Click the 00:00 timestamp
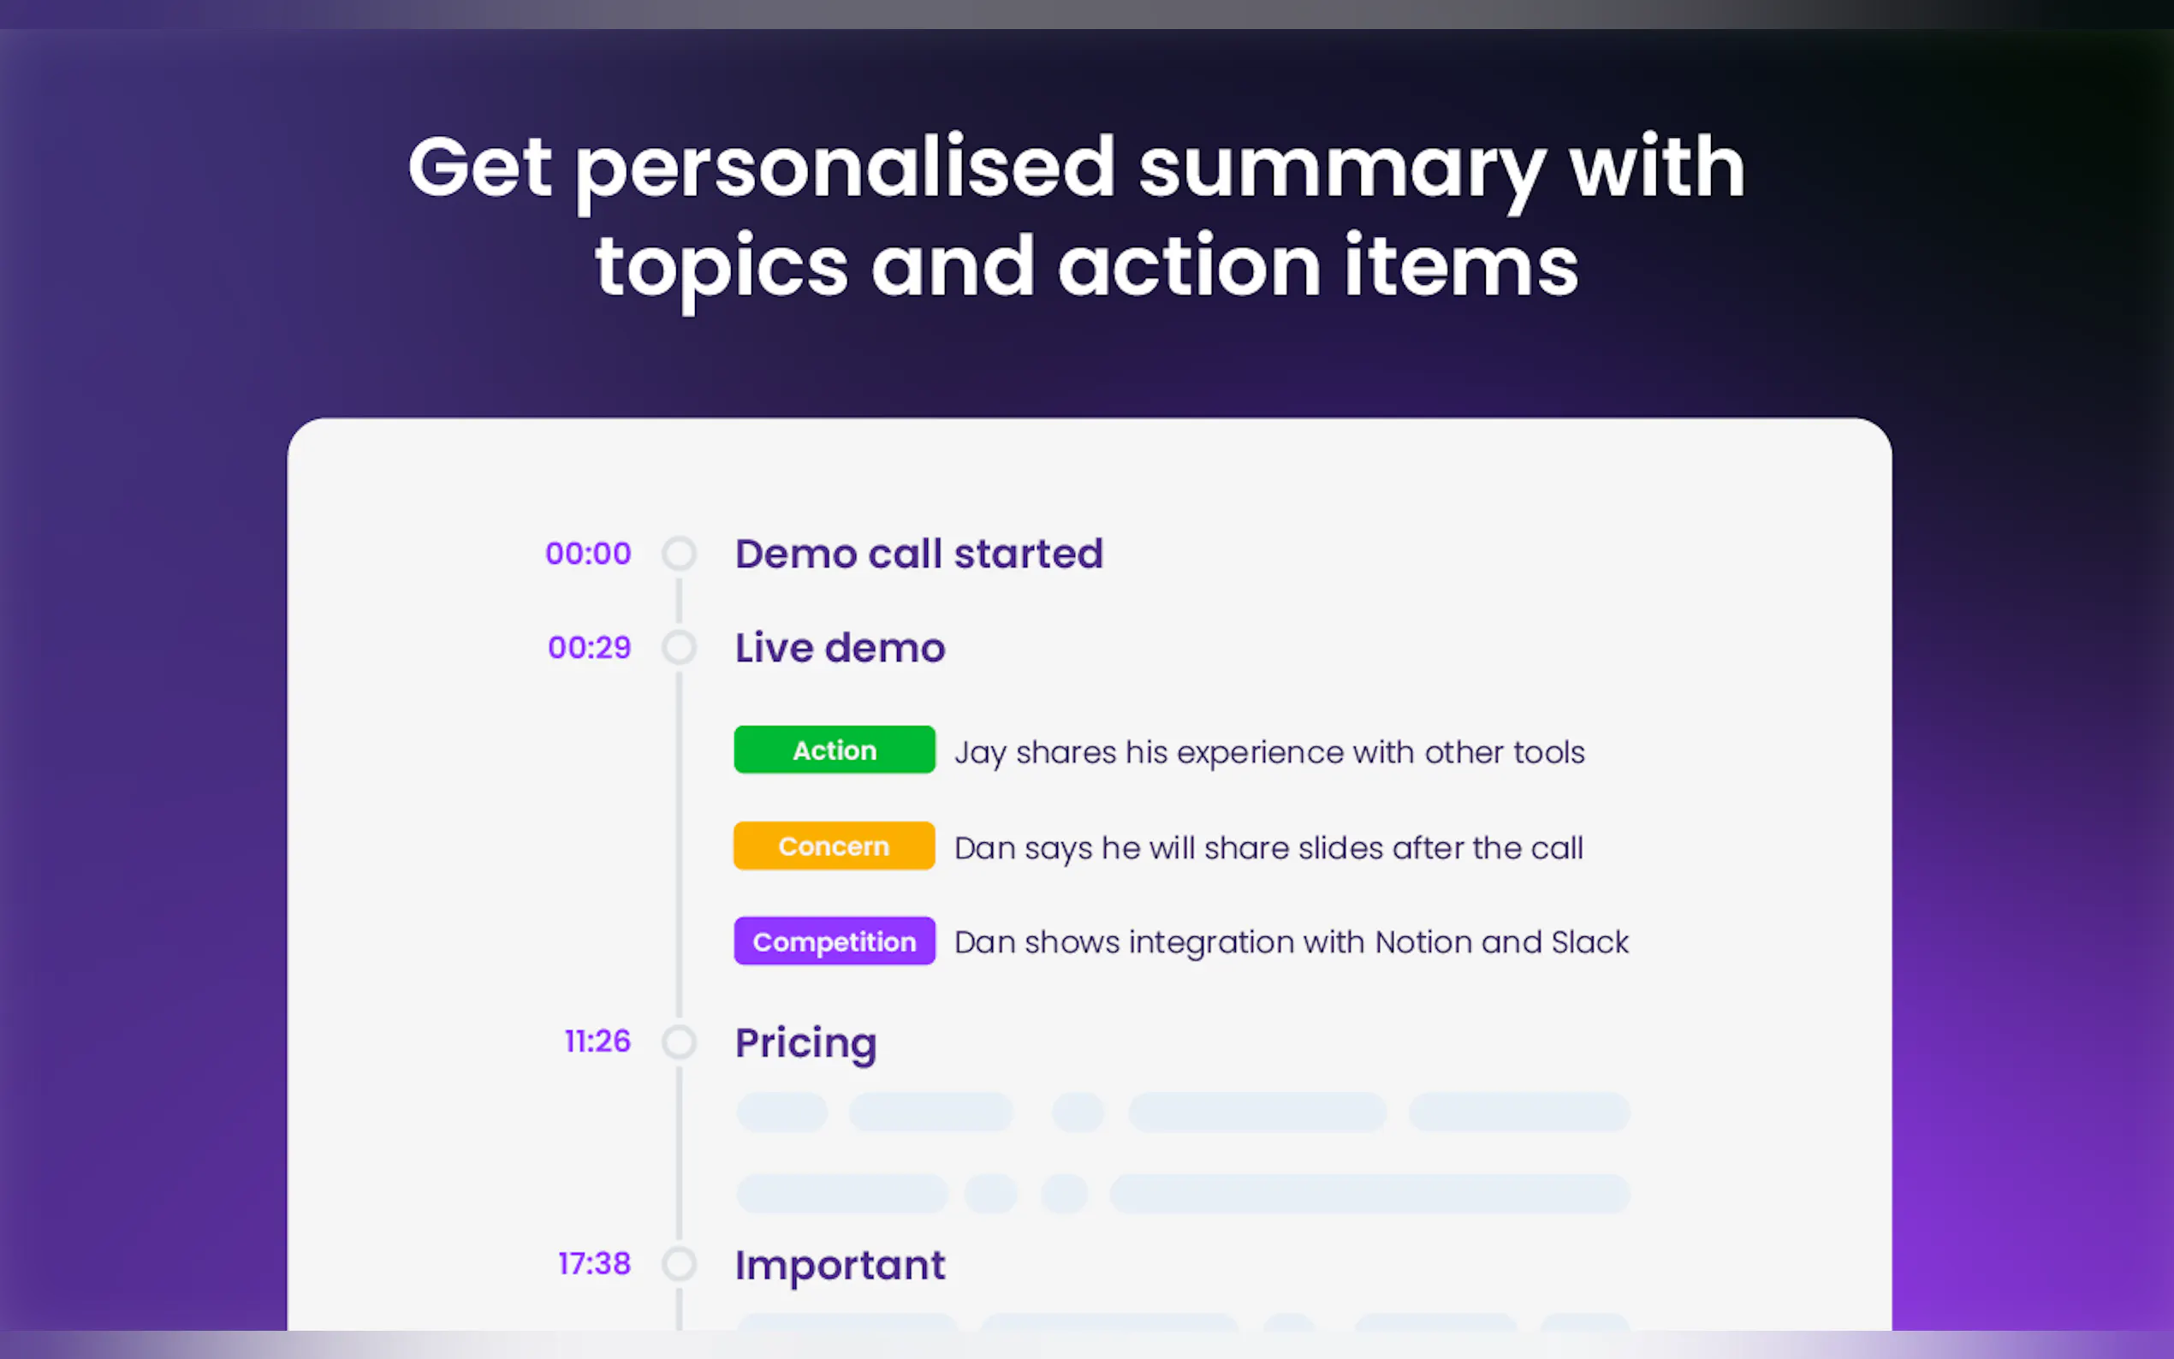[588, 554]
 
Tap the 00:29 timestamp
[590, 647]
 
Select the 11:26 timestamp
[597, 1041]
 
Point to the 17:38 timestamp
[595, 1264]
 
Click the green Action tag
[834, 750]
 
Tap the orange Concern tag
[834, 846]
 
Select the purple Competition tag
[834, 941]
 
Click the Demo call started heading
[918, 554]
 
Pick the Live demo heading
[840, 647]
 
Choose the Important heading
[840, 1266]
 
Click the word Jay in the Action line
[980, 753]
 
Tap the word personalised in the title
[845, 169]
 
